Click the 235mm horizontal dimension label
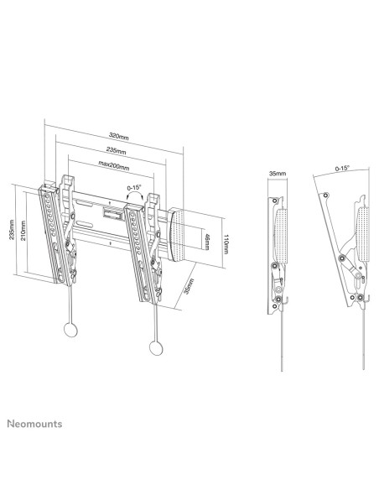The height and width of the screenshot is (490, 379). (117, 150)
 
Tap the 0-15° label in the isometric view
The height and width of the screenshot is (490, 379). (134, 188)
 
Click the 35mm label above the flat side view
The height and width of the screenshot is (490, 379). (276, 174)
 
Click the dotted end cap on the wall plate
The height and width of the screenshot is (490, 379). (180, 234)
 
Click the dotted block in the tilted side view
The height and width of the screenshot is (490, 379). (361, 230)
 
